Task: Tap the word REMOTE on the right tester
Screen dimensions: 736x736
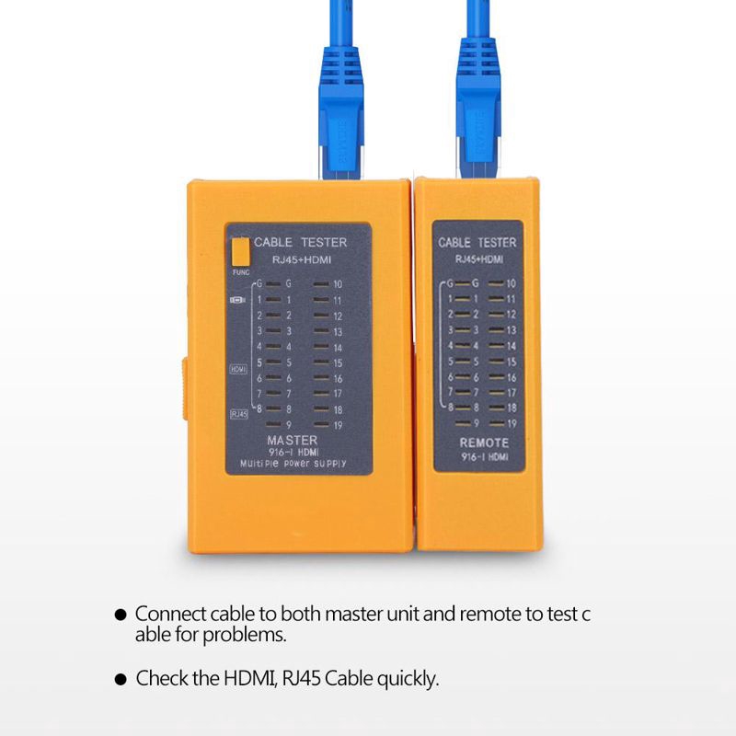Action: point(483,443)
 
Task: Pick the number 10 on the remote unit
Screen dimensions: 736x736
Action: point(511,284)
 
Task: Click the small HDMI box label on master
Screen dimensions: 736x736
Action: point(238,369)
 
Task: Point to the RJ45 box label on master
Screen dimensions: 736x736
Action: point(238,413)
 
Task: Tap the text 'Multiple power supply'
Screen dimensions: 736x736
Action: point(292,465)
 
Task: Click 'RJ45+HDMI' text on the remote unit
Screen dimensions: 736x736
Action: point(477,260)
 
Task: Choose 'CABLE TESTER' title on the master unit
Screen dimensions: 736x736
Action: point(301,243)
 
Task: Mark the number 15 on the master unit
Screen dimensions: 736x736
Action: point(338,362)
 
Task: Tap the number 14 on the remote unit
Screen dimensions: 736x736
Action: point(511,347)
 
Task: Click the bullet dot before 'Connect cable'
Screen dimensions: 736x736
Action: point(121,614)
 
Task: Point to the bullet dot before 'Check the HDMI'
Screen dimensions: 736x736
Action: point(121,680)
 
